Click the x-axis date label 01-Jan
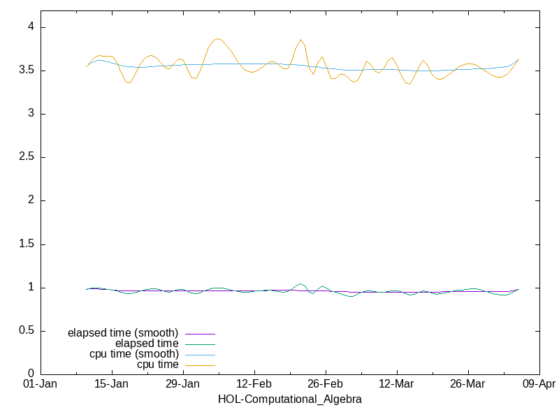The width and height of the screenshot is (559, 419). tap(41, 385)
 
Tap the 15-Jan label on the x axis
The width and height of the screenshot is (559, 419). tap(112, 385)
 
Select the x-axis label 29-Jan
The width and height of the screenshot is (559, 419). tap(183, 385)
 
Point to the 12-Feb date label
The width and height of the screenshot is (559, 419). tap(254, 385)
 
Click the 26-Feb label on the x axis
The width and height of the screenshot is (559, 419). tap(325, 385)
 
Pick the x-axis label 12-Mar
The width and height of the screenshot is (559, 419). tap(396, 385)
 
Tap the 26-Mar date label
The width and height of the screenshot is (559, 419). tap(467, 385)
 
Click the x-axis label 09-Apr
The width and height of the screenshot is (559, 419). tap(539, 385)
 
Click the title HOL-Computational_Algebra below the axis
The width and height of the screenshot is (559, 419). tap(290, 399)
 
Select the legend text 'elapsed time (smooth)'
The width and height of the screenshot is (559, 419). tap(123, 332)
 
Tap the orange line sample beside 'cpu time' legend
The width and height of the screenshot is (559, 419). tap(200, 365)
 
